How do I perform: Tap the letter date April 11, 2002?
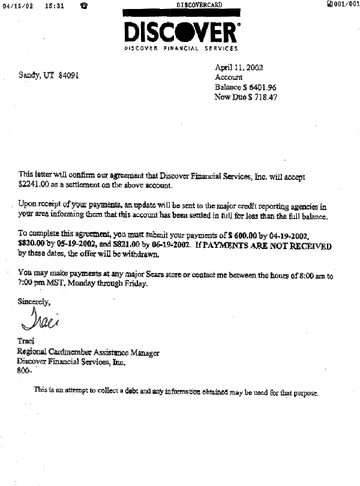[239, 68]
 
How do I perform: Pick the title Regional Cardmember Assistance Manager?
[88, 353]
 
